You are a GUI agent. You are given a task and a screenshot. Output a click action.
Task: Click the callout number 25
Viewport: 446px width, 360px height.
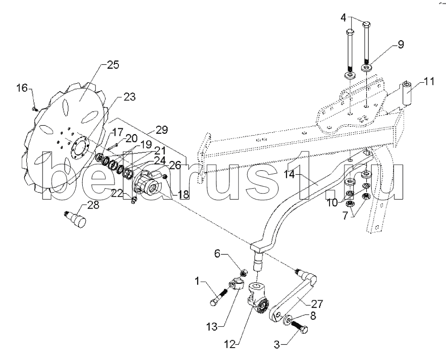[x=112, y=65]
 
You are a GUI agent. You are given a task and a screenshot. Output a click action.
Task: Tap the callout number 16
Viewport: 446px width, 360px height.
[x=22, y=88]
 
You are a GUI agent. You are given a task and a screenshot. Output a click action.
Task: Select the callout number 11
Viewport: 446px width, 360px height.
[x=429, y=82]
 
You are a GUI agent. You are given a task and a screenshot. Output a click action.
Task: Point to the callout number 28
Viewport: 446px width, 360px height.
[x=93, y=205]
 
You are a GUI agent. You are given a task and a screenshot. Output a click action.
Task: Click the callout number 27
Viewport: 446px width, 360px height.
[x=317, y=305]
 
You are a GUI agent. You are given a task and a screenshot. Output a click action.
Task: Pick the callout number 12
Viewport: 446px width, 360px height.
[x=229, y=344]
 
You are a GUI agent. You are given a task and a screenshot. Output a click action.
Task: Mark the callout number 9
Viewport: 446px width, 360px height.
[x=400, y=45]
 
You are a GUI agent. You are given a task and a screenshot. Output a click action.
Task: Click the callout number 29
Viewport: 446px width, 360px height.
[x=161, y=130]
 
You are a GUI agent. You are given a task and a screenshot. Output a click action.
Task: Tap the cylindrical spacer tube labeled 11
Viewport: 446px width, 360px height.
[x=407, y=94]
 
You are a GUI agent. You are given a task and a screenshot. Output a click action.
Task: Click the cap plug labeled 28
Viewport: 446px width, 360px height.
[x=75, y=218]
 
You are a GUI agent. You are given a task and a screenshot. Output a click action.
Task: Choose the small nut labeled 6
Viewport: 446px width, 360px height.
[x=243, y=273]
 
